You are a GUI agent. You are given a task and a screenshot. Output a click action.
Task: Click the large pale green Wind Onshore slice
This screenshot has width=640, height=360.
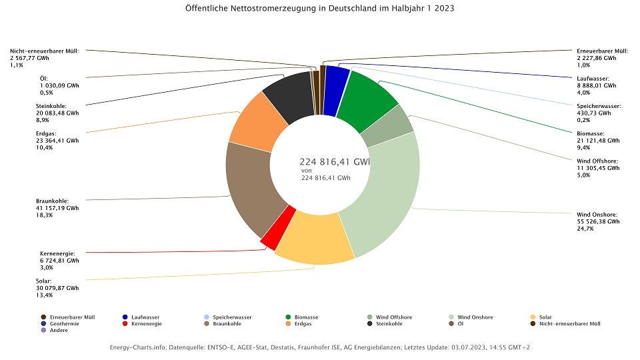click(387, 193)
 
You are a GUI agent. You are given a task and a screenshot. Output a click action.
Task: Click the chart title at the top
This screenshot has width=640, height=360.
click(320, 9)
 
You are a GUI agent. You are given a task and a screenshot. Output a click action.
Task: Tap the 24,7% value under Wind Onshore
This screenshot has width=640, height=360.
click(585, 229)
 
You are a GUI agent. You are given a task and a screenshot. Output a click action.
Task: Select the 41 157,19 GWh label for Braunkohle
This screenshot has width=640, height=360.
click(57, 208)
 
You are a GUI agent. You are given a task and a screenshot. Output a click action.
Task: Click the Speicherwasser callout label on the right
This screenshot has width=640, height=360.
click(599, 106)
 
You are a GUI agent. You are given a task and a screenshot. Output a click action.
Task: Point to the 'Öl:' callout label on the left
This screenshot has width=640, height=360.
click(44, 79)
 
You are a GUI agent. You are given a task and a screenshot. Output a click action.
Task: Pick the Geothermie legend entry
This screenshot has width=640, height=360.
click(63, 323)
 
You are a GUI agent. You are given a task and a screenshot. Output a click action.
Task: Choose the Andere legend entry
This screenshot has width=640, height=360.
click(59, 330)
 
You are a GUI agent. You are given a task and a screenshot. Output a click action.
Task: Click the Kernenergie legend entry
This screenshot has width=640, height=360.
click(144, 323)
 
